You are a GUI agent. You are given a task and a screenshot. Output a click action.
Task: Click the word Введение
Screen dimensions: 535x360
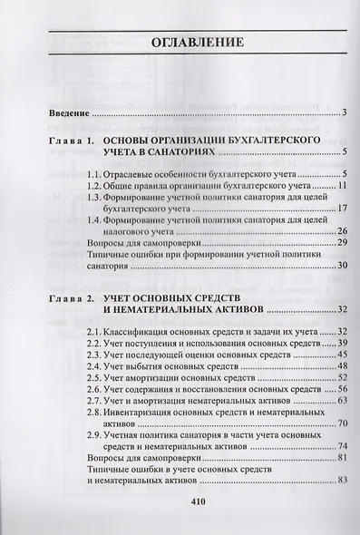69,113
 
